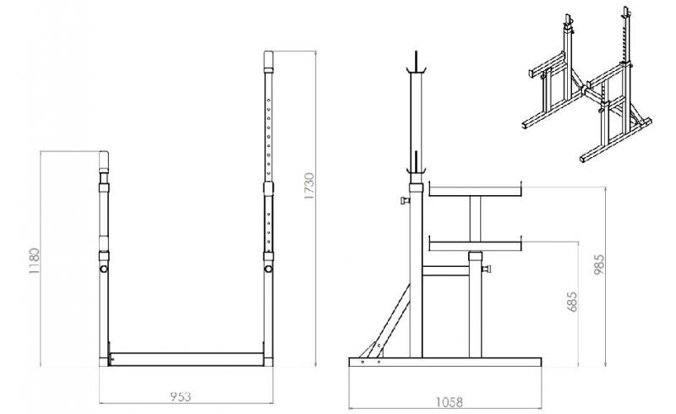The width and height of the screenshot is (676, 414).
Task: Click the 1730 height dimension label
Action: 309,188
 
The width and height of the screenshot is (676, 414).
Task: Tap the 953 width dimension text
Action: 179,395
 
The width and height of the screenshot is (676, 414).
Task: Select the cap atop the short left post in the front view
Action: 104,161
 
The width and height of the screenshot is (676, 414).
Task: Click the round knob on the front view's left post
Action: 103,269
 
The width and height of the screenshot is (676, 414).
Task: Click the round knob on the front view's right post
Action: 268,269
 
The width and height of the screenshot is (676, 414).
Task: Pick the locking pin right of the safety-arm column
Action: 488,270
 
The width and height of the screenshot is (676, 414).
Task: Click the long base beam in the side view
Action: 443,362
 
